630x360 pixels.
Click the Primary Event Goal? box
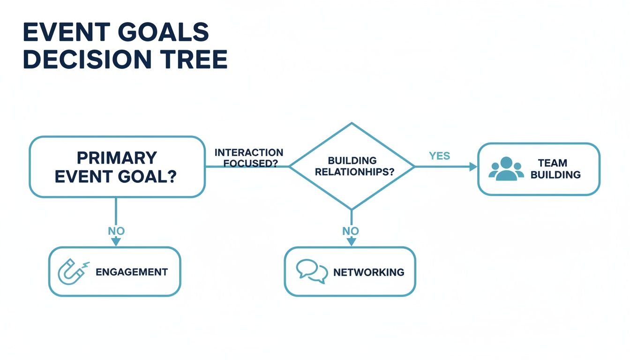click(x=117, y=166)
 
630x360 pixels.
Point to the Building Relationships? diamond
click(x=352, y=166)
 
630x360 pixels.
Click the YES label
click(x=439, y=156)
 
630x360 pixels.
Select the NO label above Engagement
click(x=116, y=231)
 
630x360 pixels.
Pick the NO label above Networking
click(x=351, y=231)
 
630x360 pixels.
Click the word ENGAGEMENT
click(x=131, y=272)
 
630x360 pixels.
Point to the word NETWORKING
click(x=368, y=272)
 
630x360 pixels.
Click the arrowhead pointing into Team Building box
click(x=473, y=166)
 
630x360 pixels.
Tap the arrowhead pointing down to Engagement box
click(x=116, y=241)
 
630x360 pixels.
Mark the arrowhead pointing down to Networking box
click(x=351, y=241)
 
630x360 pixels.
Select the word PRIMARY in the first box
click(x=117, y=157)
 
